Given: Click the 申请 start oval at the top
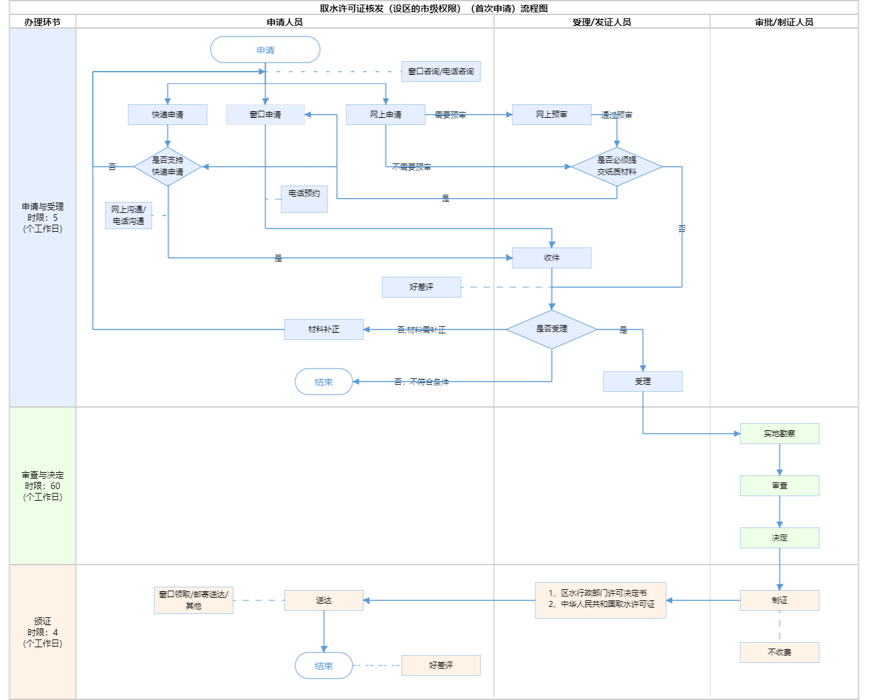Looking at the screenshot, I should pyautogui.click(x=265, y=50).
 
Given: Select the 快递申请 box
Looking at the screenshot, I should pyautogui.click(x=167, y=115).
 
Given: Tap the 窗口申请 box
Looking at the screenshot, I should pyautogui.click(x=265, y=115).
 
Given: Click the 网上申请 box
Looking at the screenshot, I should pyautogui.click(x=385, y=115).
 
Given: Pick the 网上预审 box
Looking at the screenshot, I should pyautogui.click(x=551, y=115).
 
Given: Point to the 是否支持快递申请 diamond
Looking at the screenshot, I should pyautogui.click(x=167, y=167).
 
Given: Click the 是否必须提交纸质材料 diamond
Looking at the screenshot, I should pyautogui.click(x=617, y=167).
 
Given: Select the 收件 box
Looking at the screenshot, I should pyautogui.click(x=551, y=258).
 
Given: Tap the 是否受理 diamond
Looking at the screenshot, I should pyautogui.click(x=551, y=329).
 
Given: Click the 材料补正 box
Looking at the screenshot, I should pyautogui.click(x=324, y=329).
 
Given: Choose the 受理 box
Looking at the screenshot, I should pyautogui.click(x=643, y=382).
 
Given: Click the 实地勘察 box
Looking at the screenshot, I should pyautogui.click(x=779, y=434).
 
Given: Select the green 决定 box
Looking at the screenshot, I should pyautogui.click(x=779, y=538).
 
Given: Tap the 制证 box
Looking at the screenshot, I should pyautogui.click(x=779, y=600).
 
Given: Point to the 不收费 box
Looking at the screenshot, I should pyautogui.click(x=779, y=652).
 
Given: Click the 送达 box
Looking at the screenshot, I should pyautogui.click(x=324, y=600).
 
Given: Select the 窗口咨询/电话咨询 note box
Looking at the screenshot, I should pyautogui.click(x=441, y=72).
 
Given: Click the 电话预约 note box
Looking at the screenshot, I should pyautogui.click(x=304, y=199).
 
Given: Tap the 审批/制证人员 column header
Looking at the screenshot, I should pyautogui.click(x=784, y=22).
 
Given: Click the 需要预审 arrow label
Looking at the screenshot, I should pyautogui.click(x=450, y=115).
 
